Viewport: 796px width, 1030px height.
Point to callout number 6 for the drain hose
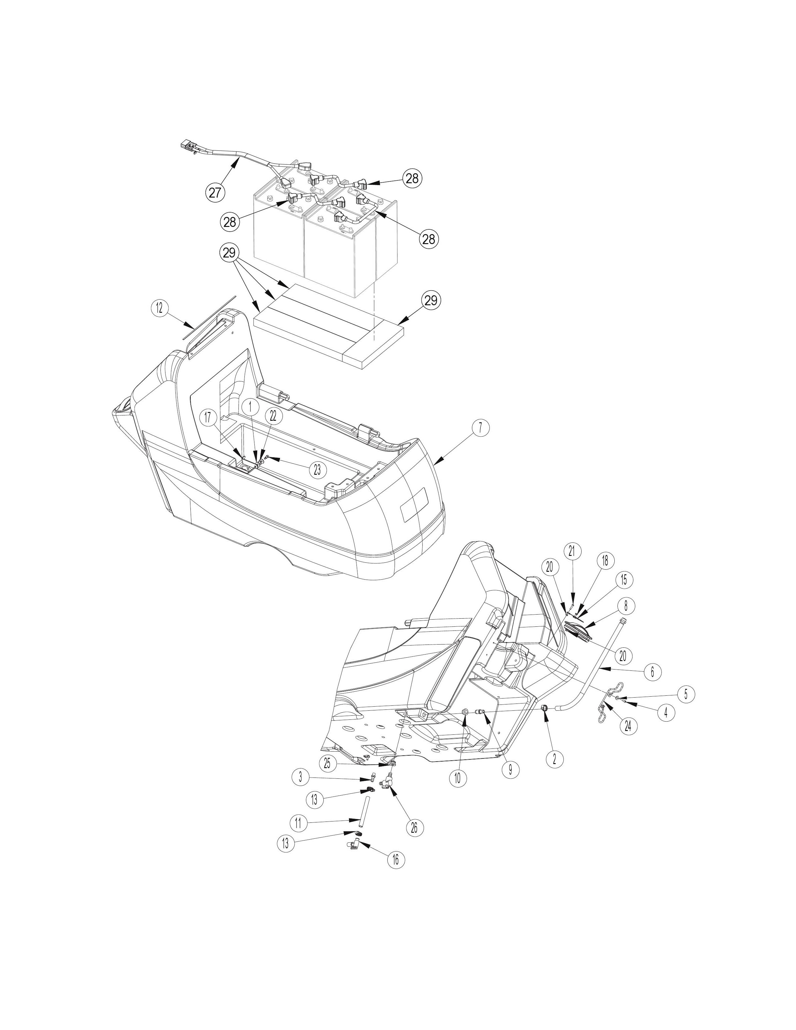point(653,672)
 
